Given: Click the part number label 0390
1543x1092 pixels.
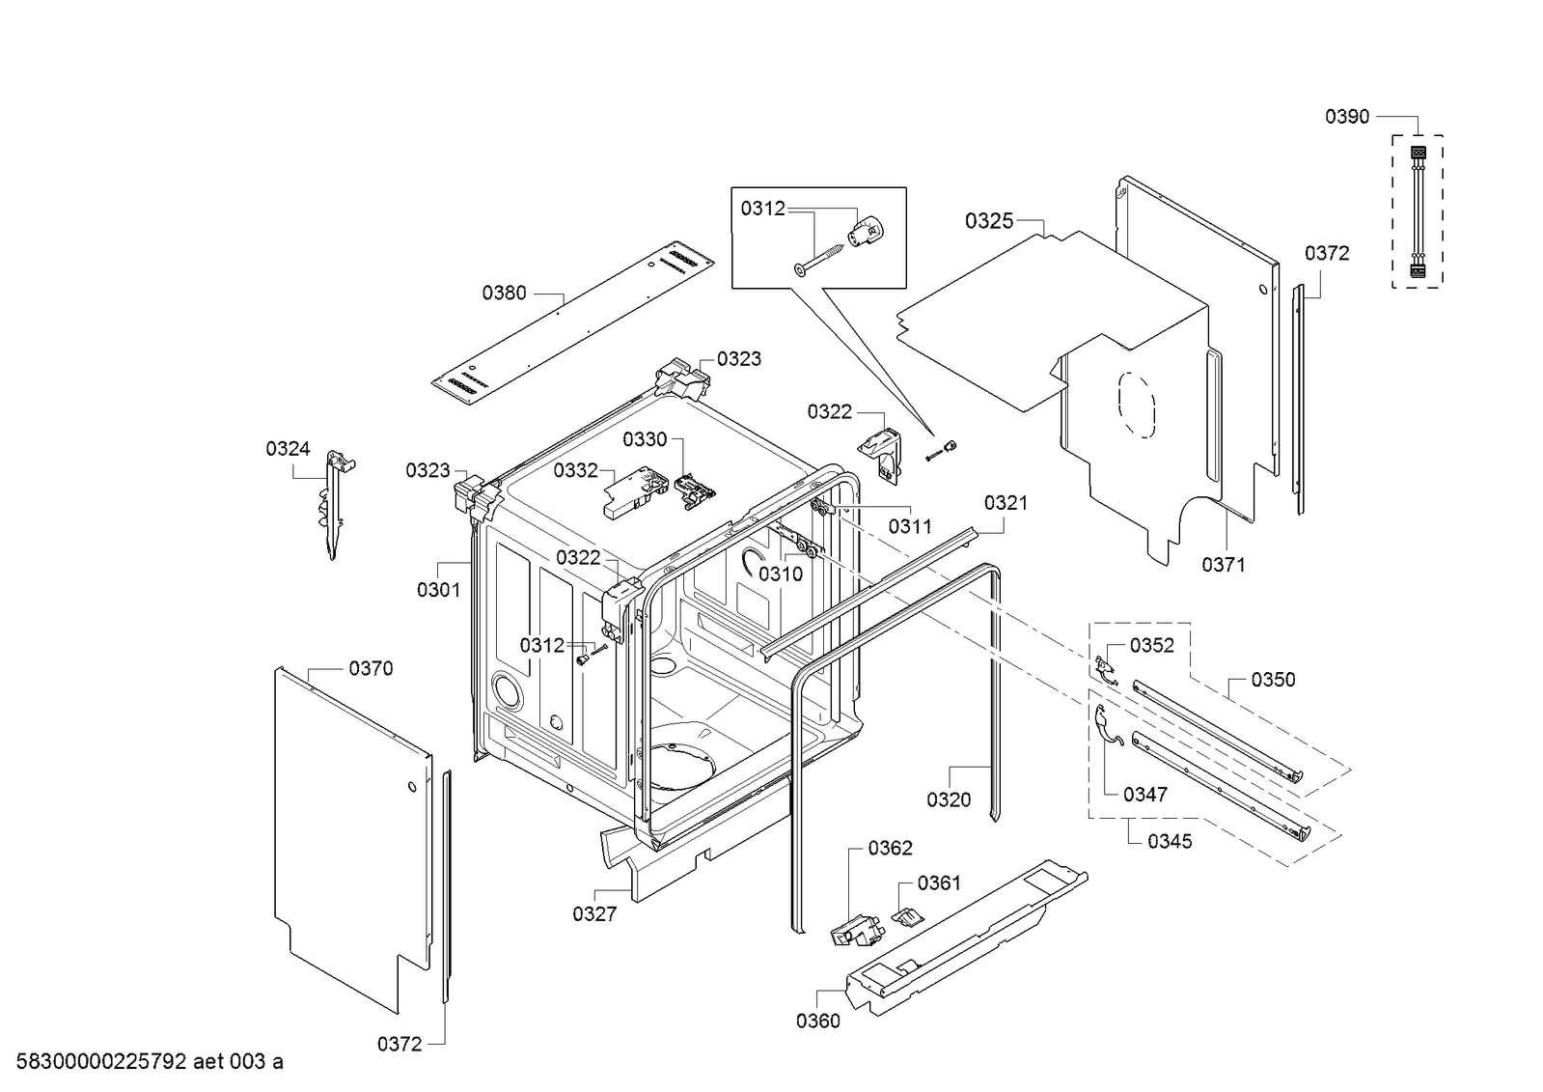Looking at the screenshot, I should pyautogui.click(x=1346, y=117).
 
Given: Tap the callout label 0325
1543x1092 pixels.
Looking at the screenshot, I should pyautogui.click(x=989, y=221).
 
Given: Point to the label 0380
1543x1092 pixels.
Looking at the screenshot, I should pyautogui.click(x=504, y=293).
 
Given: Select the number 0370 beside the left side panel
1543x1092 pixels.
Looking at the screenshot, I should pyautogui.click(x=371, y=668).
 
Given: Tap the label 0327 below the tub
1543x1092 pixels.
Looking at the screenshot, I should pyautogui.click(x=593, y=913).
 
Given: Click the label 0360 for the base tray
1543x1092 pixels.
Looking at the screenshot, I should pyautogui.click(x=817, y=1021).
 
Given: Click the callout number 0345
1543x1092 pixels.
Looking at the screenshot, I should pyautogui.click(x=1170, y=841).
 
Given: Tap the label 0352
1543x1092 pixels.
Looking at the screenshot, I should pyautogui.click(x=1151, y=645).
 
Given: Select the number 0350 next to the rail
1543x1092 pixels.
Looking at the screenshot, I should pyautogui.click(x=1273, y=680).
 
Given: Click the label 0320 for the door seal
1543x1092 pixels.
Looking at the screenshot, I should pyautogui.click(x=949, y=799).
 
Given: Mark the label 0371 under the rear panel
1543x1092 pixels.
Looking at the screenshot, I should pyautogui.click(x=1223, y=565).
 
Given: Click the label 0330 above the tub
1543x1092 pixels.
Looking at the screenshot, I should pyautogui.click(x=645, y=439).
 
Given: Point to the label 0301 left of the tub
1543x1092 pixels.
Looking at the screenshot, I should pyautogui.click(x=438, y=589).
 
